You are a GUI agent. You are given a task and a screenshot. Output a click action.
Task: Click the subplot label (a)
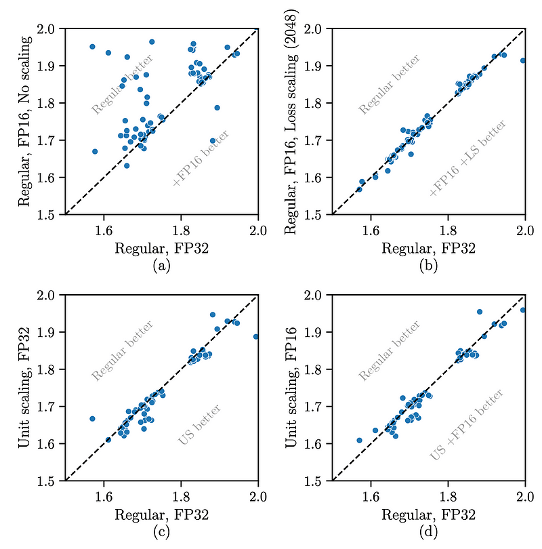pyautogui.click(x=161, y=265)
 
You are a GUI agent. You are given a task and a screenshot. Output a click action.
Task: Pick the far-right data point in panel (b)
pyautogui.click(x=522, y=60)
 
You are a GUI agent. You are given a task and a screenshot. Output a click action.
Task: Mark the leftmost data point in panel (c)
pyautogui.click(x=92, y=419)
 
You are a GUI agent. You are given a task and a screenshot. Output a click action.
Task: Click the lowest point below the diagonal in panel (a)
pyautogui.click(x=213, y=141)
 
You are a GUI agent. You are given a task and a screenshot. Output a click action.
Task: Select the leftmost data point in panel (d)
pyautogui.click(x=359, y=441)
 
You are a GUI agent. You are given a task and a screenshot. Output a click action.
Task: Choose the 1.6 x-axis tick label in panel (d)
pyautogui.click(x=371, y=495)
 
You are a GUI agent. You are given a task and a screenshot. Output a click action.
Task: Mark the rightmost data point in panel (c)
pyautogui.click(x=256, y=337)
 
